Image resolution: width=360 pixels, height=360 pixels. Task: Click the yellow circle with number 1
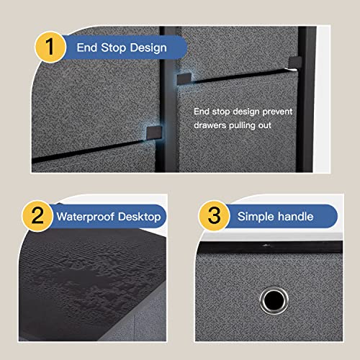[x=50, y=47]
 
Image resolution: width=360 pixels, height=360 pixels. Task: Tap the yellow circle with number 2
[x=37, y=216]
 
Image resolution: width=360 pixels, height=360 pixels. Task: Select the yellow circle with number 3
[x=214, y=215]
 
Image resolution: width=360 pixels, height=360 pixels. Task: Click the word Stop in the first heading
[x=114, y=48]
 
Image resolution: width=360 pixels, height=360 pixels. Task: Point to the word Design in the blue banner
[x=149, y=48]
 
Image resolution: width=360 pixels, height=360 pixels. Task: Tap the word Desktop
[x=140, y=217]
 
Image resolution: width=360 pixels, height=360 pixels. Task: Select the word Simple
[x=256, y=217]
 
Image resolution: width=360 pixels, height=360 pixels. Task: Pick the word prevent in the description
[x=277, y=112]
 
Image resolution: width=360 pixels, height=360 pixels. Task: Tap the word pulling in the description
[x=242, y=126]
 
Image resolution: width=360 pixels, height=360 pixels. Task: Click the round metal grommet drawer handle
[x=274, y=300]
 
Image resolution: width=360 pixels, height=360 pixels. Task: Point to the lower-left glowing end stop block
[x=154, y=132]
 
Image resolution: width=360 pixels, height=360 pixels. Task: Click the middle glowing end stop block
[x=184, y=78]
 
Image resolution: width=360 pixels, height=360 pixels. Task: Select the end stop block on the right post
[x=295, y=62]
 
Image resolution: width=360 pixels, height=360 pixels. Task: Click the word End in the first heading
[x=87, y=48]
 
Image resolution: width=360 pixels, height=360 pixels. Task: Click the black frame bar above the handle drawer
[x=270, y=247]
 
